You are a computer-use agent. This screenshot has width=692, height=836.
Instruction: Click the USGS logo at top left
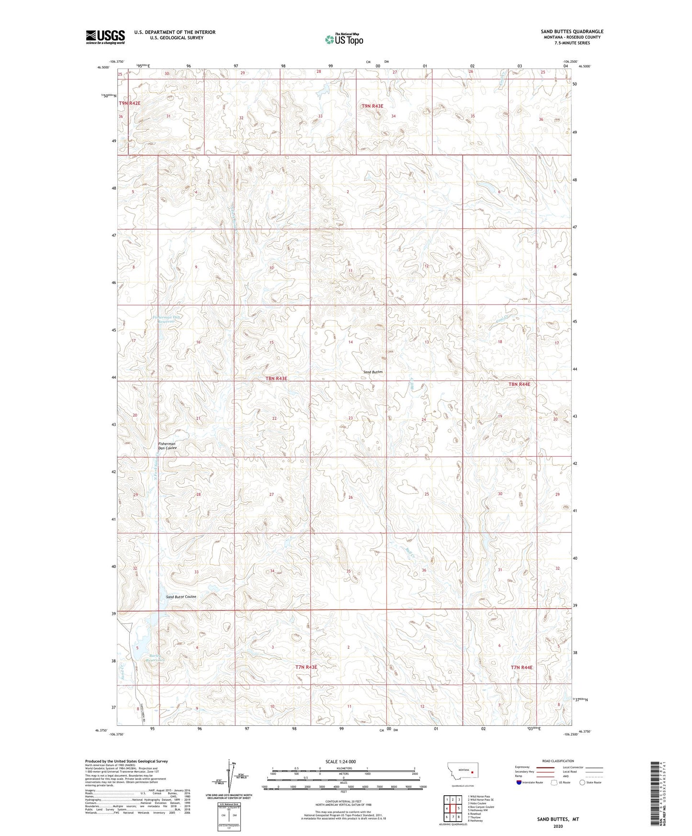[x=105, y=37]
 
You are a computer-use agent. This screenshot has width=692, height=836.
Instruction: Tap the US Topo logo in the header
[x=344, y=39]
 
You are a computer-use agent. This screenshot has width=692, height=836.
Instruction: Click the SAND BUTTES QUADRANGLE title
[x=572, y=32]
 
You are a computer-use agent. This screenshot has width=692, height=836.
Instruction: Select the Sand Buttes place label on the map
[x=373, y=372]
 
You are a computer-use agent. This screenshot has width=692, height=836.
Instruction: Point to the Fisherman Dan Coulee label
[x=167, y=446]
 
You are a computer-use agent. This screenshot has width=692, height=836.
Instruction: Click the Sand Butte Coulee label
[x=181, y=597]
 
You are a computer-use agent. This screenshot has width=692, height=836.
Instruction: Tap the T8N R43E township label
[x=276, y=378]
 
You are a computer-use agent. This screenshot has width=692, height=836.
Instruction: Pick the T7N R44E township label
[x=522, y=667]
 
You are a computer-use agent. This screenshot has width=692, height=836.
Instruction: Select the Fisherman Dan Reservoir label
[x=167, y=319]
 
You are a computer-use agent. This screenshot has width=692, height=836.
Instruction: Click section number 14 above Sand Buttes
[x=351, y=342]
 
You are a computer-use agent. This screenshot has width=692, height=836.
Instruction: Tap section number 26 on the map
[x=351, y=497]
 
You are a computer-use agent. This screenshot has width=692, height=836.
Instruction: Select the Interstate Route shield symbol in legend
[x=520, y=782]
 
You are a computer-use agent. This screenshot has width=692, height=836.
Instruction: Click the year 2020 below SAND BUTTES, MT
[x=558, y=826]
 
